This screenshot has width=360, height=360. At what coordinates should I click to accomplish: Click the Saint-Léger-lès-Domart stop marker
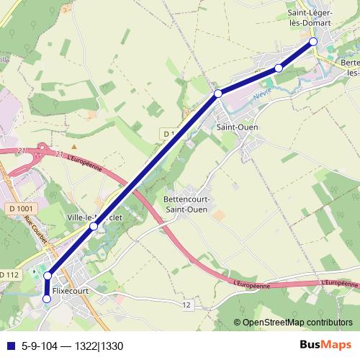[314, 42]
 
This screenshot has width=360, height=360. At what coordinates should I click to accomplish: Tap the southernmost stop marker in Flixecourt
[48, 299]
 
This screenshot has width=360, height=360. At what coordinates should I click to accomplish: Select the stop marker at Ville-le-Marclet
[94, 226]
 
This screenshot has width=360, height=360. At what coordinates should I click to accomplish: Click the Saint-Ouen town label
[237, 127]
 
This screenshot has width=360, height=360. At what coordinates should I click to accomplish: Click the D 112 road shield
[9, 275]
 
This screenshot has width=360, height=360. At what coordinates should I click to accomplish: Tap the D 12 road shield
[187, 305]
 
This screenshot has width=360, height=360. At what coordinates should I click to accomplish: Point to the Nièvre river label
[262, 93]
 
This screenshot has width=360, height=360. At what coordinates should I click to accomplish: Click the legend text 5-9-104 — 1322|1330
[72, 345]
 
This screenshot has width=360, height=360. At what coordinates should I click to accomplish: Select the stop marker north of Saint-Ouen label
[217, 94]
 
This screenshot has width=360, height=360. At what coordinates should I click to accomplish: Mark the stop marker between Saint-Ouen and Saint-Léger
[279, 68]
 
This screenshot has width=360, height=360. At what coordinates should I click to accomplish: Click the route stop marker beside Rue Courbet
[48, 276]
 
